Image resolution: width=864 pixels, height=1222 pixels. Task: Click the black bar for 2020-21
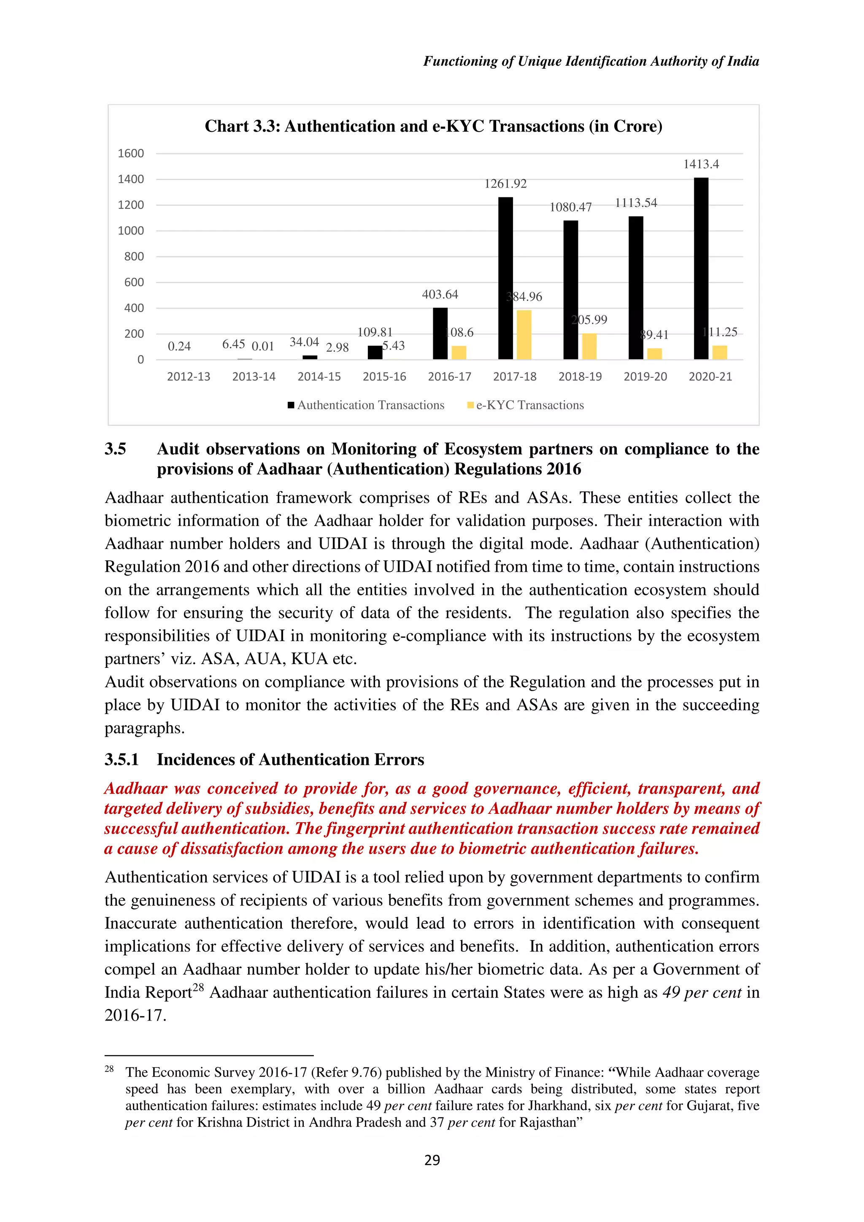coord(701,269)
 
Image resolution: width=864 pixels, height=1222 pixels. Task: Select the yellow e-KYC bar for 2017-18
coord(524,335)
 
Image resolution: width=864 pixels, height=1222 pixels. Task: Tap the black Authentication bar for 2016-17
coord(440,334)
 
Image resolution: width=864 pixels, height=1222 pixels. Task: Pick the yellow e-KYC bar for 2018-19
coord(589,347)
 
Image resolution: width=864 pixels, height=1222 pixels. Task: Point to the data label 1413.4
coord(701,164)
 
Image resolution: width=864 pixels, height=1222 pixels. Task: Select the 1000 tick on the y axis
coord(131,231)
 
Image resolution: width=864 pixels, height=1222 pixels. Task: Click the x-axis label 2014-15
coord(319,377)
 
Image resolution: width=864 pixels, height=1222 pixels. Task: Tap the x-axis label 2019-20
coord(645,377)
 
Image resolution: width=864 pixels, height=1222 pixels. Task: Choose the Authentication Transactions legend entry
coord(370,405)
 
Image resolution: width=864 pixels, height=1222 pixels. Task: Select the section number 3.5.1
coord(121,759)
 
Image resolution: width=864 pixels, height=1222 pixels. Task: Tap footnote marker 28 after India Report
coord(198,987)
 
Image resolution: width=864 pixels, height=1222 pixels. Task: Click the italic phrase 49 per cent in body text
coord(701,993)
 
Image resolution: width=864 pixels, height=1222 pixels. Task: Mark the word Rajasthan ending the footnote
coord(549,1122)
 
